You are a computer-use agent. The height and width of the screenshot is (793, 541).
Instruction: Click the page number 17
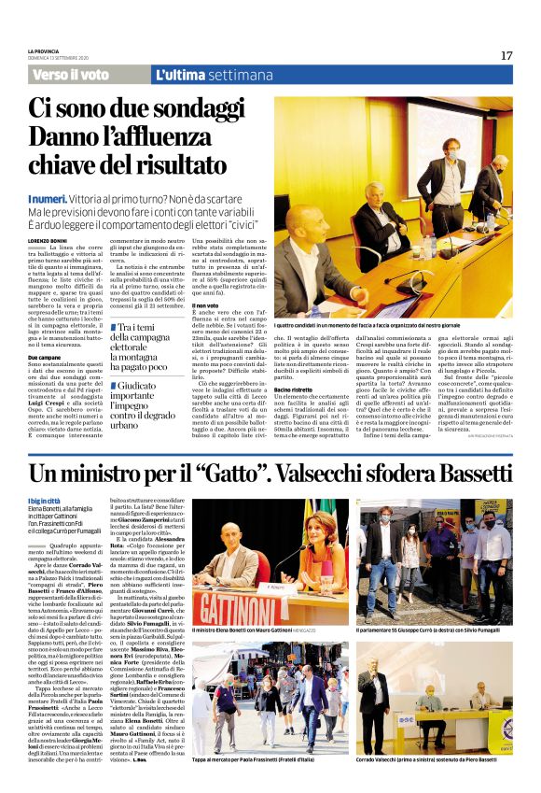pyautogui.click(x=506, y=55)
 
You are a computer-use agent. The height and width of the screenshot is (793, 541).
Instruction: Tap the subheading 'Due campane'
pyautogui.click(x=45, y=358)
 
